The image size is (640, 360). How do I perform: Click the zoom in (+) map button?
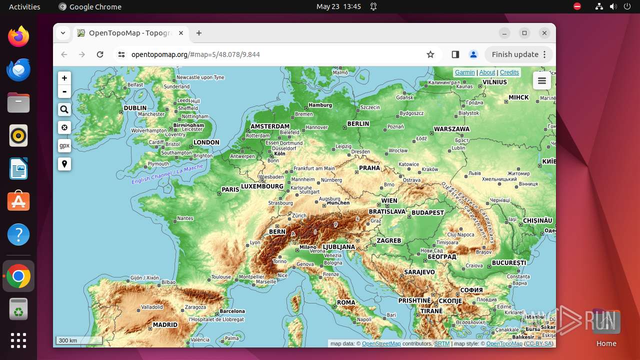click(x=64, y=78)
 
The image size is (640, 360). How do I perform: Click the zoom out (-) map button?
click(x=64, y=91)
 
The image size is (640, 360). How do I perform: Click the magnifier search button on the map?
click(x=64, y=109)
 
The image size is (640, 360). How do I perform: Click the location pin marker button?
click(x=64, y=164)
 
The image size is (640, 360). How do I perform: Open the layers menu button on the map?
click(x=542, y=81)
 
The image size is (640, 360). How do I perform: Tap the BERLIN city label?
click(x=358, y=123)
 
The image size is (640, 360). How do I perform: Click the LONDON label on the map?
click(x=206, y=142)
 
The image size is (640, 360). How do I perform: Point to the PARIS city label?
click(x=230, y=189)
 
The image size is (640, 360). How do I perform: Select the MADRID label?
click(x=165, y=324)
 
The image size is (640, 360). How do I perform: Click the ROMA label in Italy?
click(x=346, y=302)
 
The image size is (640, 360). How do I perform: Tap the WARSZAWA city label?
click(x=451, y=129)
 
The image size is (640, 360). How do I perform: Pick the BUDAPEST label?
click(x=428, y=212)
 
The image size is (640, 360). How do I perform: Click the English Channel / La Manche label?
click(x=167, y=174)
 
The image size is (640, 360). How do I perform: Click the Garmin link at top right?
click(x=464, y=72)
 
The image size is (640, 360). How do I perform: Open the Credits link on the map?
click(x=509, y=72)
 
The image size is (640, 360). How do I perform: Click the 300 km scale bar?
click(x=79, y=340)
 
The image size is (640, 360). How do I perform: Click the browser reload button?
click(x=100, y=54)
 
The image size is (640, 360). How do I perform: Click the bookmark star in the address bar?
click(x=430, y=54)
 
